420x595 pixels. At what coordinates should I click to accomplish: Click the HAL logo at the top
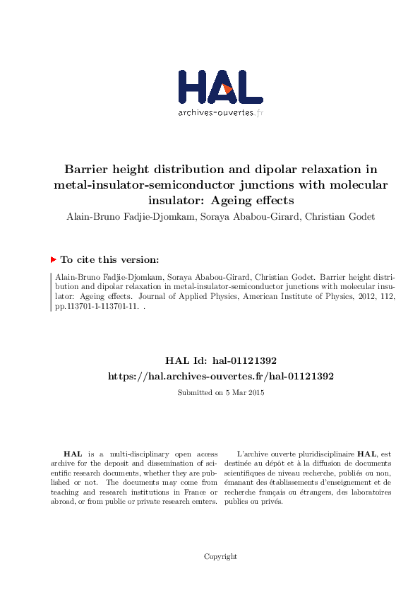(x=220, y=87)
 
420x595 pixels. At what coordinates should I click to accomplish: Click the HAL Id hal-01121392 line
(x=220, y=360)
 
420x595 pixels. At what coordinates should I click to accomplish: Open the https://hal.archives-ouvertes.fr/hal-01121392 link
(x=220, y=377)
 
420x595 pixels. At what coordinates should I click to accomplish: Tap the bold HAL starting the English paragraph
(x=71, y=454)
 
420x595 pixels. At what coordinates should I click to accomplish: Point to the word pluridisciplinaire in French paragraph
(x=323, y=454)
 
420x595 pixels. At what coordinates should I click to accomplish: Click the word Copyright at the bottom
(x=220, y=557)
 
